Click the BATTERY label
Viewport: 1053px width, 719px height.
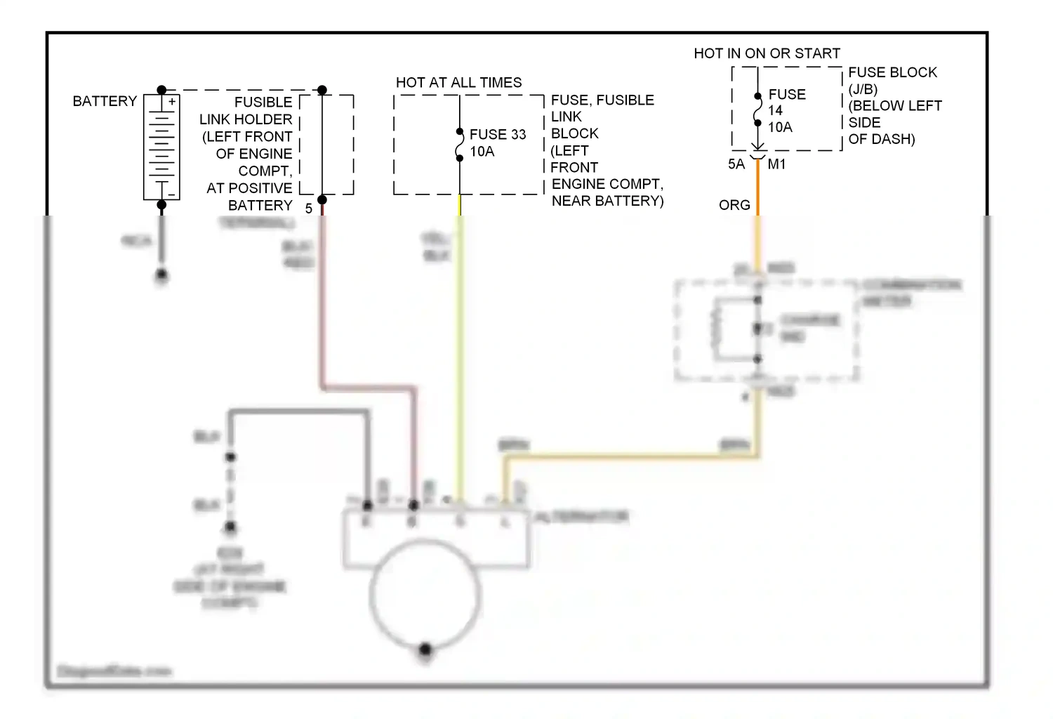tap(105, 101)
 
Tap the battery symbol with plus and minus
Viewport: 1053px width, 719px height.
tap(161, 147)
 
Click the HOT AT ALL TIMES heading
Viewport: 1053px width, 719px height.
tap(458, 82)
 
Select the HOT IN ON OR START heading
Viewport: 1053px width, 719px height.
tap(767, 53)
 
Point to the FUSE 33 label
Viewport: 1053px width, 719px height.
tap(498, 134)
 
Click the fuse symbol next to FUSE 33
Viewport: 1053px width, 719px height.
tap(460, 145)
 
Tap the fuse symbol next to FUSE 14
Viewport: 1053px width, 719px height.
tap(757, 110)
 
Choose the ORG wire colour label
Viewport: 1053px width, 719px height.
tap(734, 205)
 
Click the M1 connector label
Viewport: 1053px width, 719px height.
tap(776, 164)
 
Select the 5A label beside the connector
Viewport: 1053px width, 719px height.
tap(736, 164)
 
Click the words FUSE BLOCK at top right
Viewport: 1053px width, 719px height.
tap(892, 72)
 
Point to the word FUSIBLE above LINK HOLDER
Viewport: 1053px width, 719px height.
tap(263, 102)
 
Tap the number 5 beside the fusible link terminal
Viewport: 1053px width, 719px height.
tap(308, 209)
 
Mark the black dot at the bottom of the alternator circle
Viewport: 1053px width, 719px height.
tap(425, 649)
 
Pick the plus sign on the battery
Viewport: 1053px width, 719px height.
tap(172, 101)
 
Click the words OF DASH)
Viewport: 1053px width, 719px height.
tap(881, 139)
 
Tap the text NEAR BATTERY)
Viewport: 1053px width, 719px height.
tap(607, 201)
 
